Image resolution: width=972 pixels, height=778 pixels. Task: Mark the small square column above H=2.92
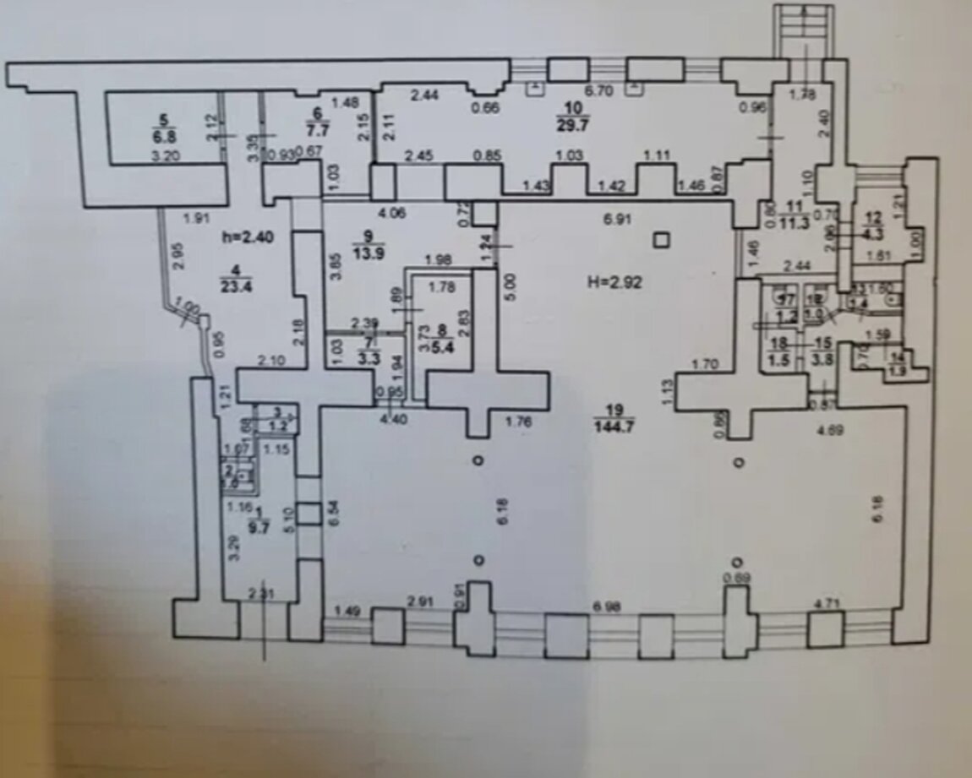point(662,242)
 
